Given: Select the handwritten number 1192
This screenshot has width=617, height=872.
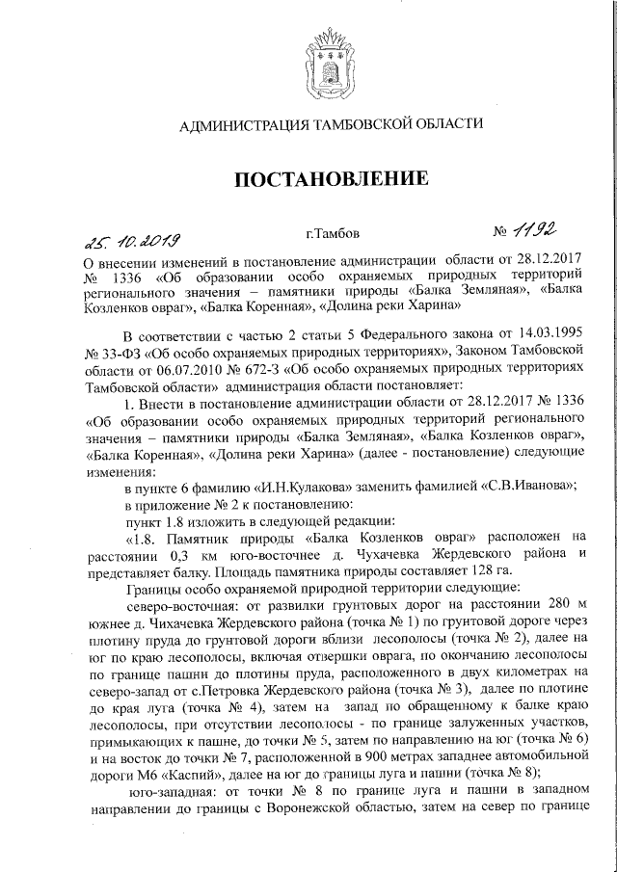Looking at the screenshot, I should tap(536, 232).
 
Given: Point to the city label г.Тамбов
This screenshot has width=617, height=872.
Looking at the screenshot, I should tap(333, 234).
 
